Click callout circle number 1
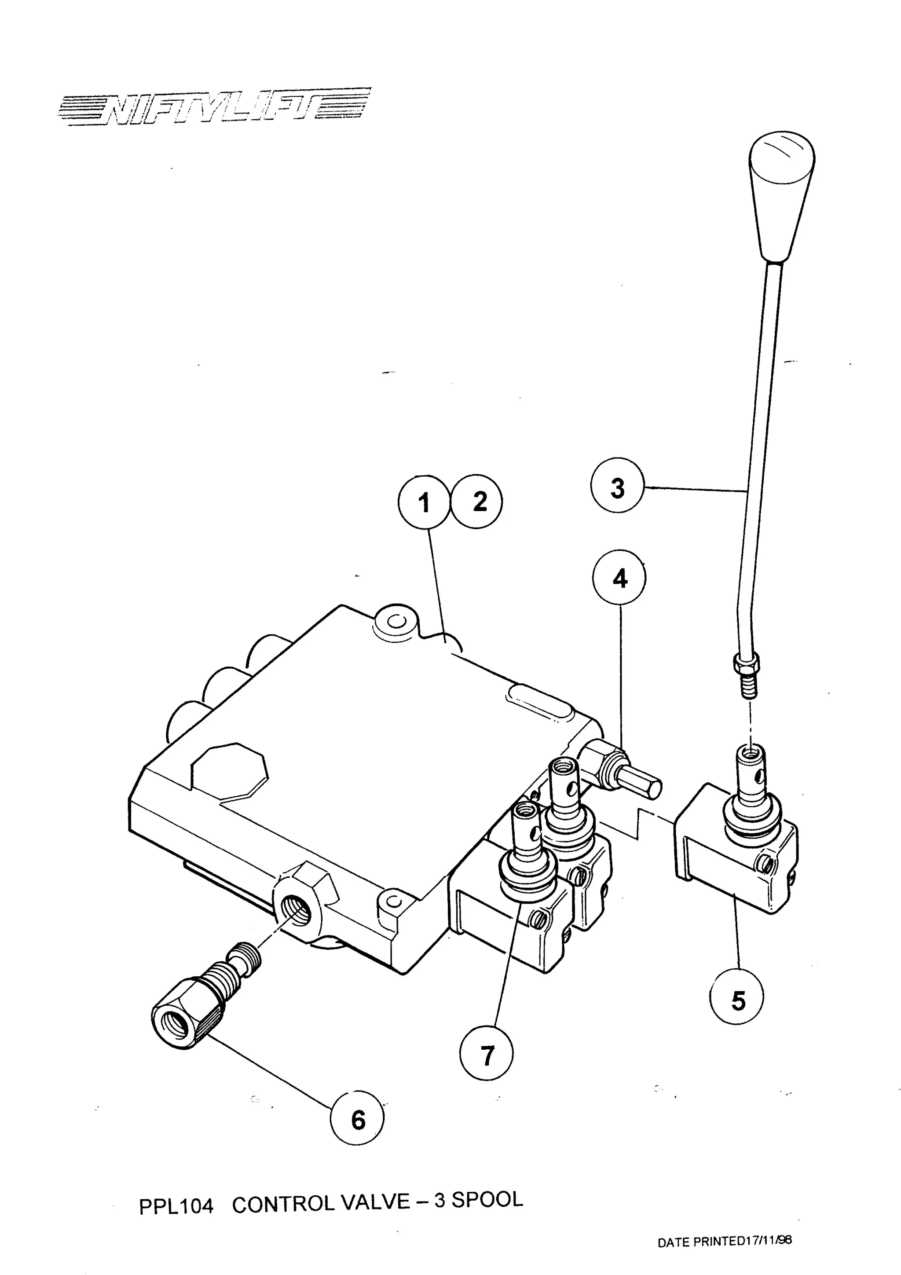(x=424, y=503)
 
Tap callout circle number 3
(x=617, y=489)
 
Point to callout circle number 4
(x=619, y=579)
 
